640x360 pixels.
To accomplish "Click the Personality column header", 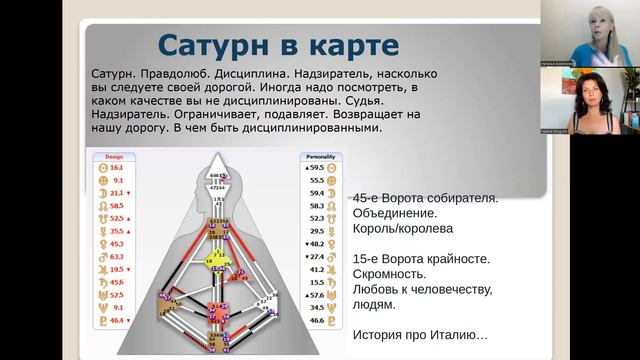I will pos(322,157).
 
